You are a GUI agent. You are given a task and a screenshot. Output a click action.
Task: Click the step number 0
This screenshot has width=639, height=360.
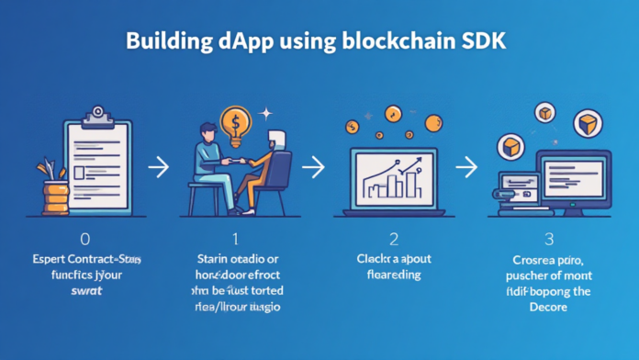(x=85, y=239)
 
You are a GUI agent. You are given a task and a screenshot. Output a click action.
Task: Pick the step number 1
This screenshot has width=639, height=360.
(x=236, y=239)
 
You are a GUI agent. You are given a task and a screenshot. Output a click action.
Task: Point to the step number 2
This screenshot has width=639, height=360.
(x=393, y=239)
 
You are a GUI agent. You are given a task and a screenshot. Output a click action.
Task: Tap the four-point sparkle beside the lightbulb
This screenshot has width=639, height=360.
(x=267, y=113)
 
